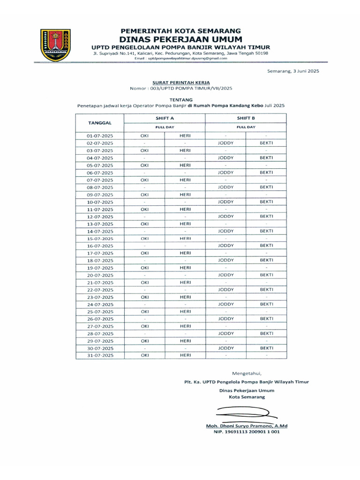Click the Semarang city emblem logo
56,45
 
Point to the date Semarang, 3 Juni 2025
290,71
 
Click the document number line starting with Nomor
180,88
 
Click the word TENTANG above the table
180,99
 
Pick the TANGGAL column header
99,123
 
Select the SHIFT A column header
165,119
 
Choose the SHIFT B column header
246,119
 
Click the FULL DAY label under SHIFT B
246,127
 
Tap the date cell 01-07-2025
100,135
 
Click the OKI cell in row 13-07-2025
145,224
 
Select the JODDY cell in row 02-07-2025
225,143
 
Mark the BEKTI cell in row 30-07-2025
266,348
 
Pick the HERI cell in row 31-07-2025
185,356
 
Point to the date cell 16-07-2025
100,246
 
